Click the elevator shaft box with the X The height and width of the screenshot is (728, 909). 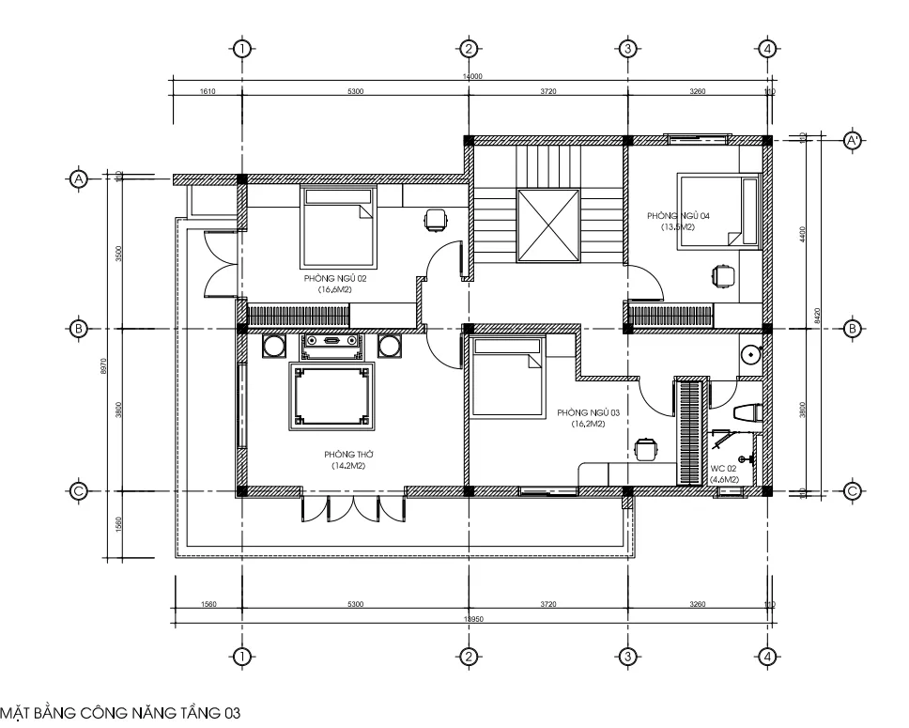click(x=548, y=225)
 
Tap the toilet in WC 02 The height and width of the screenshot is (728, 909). click(x=746, y=412)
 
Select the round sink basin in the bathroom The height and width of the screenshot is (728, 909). click(x=750, y=355)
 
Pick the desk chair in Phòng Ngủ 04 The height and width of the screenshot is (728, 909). click(x=722, y=276)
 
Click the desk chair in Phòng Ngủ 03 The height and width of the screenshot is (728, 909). click(x=645, y=450)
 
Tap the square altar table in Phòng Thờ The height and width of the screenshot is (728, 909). click(x=328, y=395)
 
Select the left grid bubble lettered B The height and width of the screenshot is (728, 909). click(x=80, y=329)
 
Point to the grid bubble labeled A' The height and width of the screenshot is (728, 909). click(x=853, y=141)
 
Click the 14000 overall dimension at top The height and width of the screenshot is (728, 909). click(x=471, y=75)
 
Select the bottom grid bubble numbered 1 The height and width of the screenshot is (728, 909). click(x=242, y=657)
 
